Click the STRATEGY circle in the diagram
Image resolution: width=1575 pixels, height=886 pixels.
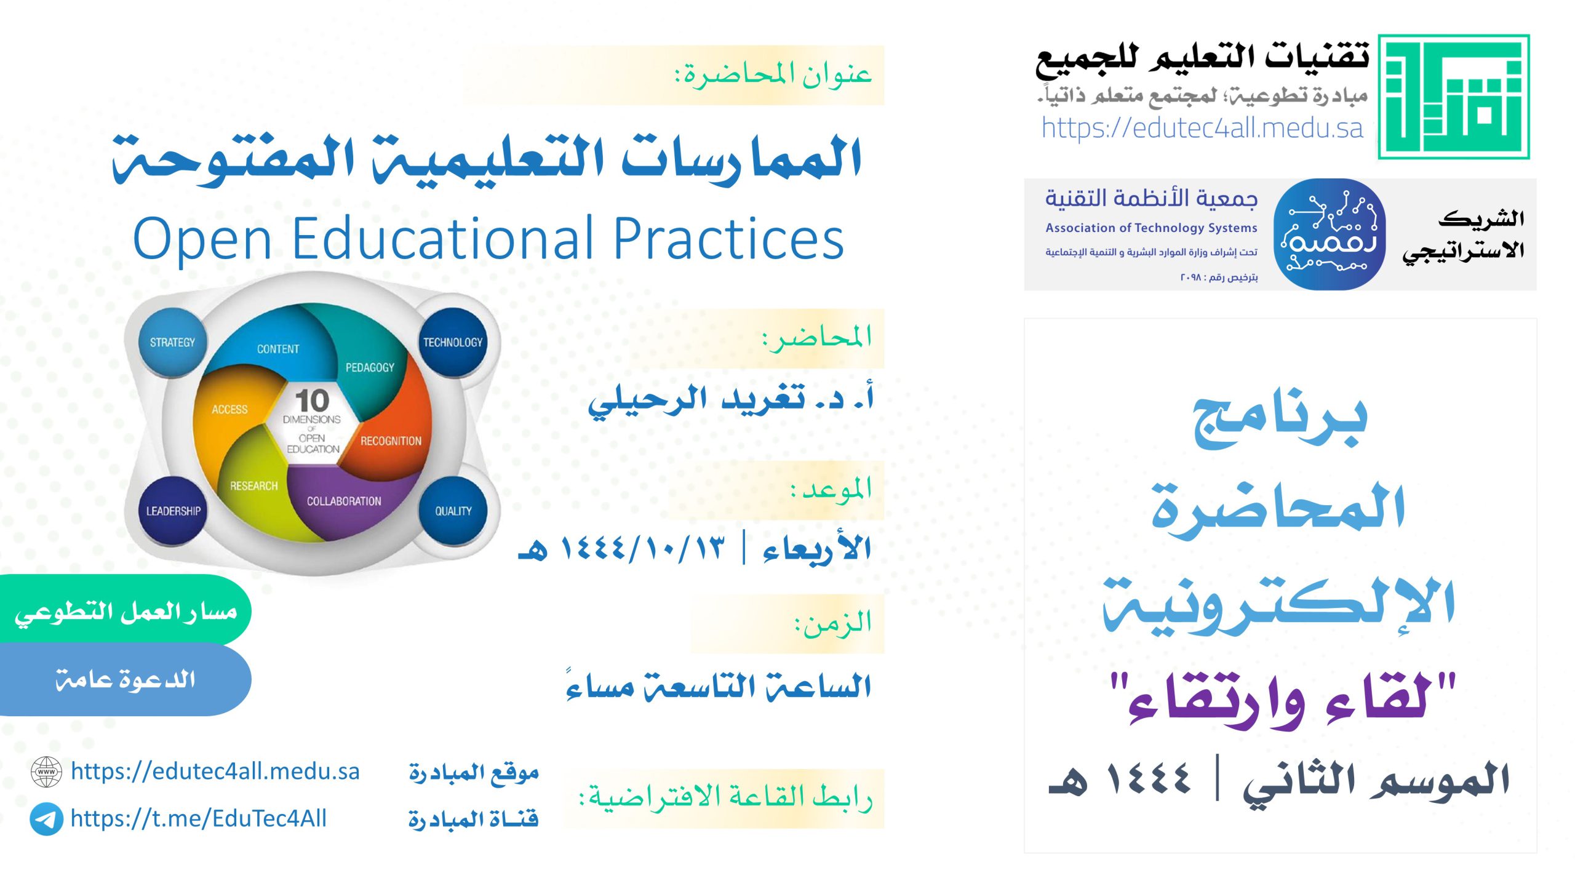[172, 342]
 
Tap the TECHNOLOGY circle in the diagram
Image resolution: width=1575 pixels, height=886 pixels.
[453, 342]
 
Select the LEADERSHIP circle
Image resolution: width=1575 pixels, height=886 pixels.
[173, 511]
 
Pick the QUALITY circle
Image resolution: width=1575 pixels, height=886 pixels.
[453, 511]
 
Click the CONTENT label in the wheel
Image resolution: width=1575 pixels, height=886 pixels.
[278, 349]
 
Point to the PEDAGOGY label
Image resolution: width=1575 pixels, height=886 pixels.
[370, 367]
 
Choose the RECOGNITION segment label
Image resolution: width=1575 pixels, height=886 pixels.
[391, 441]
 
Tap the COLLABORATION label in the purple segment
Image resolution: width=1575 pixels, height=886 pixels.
[344, 501]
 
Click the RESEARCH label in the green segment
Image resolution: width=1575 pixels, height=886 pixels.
[253, 486]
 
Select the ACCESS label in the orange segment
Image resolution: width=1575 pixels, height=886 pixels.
[229, 409]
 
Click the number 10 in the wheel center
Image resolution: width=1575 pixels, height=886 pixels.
[312, 401]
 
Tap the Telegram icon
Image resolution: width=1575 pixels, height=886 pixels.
[46, 819]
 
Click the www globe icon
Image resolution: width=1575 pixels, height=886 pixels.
[46, 772]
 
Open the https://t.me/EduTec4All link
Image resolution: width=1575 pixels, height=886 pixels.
[198, 819]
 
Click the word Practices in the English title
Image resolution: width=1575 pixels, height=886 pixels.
[728, 239]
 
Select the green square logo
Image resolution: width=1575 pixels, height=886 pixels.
[1453, 97]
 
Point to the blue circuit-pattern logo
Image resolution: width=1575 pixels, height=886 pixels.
[1329, 234]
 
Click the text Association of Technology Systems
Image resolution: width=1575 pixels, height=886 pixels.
[1151, 228]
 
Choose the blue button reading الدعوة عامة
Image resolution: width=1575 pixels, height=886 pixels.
[125, 680]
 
